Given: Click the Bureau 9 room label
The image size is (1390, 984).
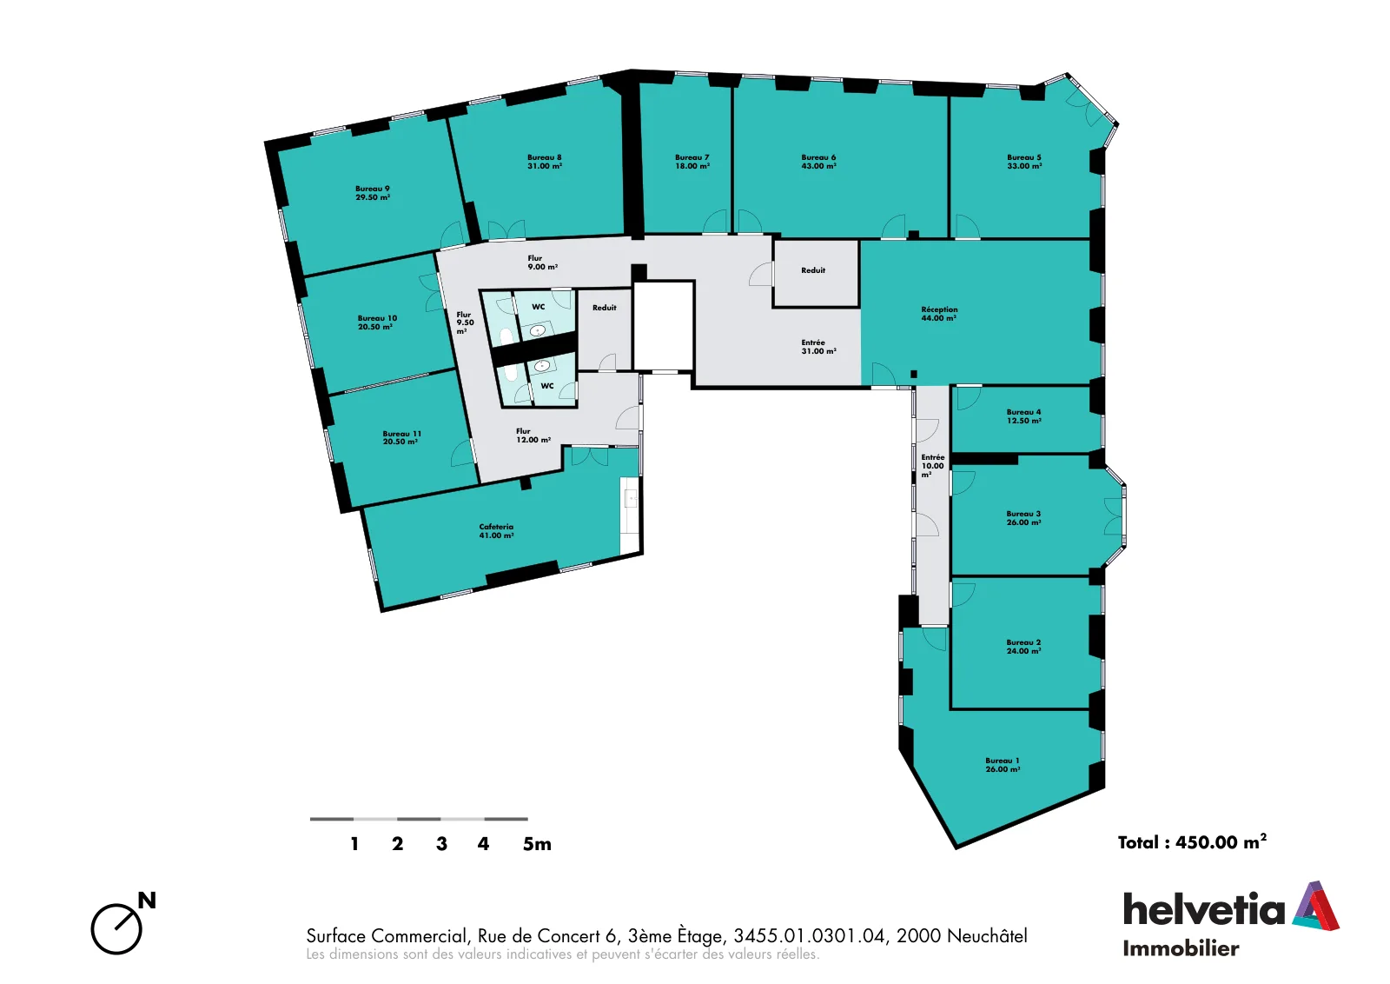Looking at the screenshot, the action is pos(373,193).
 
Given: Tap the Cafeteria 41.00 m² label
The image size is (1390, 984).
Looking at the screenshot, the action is pos(496,531).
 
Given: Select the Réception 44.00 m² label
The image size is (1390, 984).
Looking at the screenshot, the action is pos(939,314).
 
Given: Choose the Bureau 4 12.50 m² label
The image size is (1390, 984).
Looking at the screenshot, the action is pos(1024,416).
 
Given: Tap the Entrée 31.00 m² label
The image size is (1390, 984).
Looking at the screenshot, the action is pos(818,347).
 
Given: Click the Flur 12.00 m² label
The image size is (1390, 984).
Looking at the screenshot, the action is pos(533,435).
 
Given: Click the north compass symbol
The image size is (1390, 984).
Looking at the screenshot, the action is pos(122,923).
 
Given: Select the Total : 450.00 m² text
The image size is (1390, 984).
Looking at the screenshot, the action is pos(1192,841).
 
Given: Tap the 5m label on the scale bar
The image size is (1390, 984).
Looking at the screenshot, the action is pos(537,844).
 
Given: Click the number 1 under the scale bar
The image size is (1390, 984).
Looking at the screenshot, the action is pos(354,844).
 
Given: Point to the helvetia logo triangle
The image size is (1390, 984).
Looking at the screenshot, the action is pos(1315,906).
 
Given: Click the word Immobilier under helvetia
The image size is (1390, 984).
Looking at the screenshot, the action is pos(1181,948).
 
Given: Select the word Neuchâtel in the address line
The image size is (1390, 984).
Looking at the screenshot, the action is pos(988,935).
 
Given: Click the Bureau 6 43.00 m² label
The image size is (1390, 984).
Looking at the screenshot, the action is pos(818,162).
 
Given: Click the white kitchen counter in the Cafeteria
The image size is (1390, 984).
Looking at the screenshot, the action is pos(630,515).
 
